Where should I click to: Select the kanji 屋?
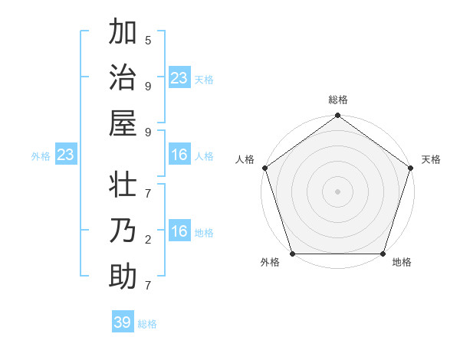pyautogui.click(x=123, y=122)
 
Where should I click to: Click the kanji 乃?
pyautogui.click(x=123, y=232)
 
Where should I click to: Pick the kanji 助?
pyautogui.click(x=123, y=277)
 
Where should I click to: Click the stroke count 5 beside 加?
pyautogui.click(x=148, y=41)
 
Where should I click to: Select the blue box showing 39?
pyautogui.click(x=123, y=322)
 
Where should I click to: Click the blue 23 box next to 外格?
pyautogui.click(x=66, y=155)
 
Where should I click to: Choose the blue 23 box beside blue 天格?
pyautogui.click(x=179, y=78)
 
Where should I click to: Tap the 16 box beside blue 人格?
pyautogui.click(x=179, y=155)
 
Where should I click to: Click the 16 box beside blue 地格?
pyautogui.click(x=179, y=232)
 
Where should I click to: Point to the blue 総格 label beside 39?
pyautogui.click(x=148, y=324)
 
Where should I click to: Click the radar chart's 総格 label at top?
pyautogui.click(x=338, y=100)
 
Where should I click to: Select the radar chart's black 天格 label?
pyautogui.click(x=432, y=159)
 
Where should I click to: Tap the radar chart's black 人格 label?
pyautogui.click(x=245, y=159)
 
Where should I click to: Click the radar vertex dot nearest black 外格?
pyautogui.click(x=292, y=254)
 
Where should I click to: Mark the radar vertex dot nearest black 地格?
pyautogui.click(x=383, y=254)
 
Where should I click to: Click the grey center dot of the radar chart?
pyautogui.click(x=337, y=191)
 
